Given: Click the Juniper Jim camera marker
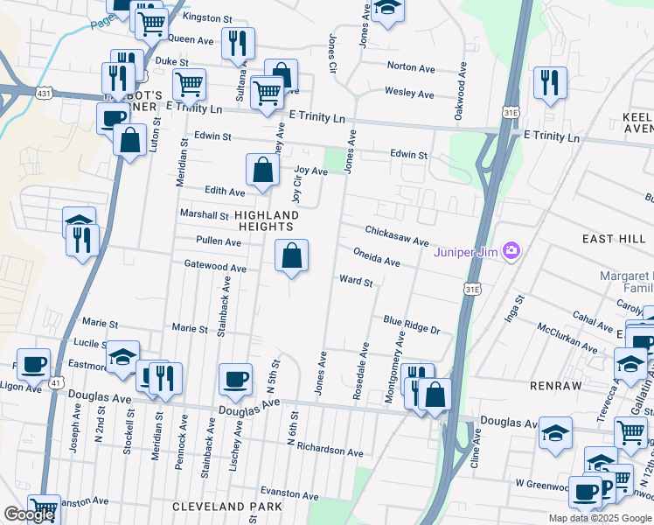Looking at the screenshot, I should pyautogui.click(x=511, y=252).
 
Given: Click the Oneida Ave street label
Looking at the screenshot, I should pyautogui.click(x=376, y=256).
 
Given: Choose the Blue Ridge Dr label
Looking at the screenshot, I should pyautogui.click(x=411, y=324).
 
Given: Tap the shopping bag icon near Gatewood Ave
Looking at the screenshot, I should pyautogui.click(x=292, y=256).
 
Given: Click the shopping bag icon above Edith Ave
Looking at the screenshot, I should pyautogui.click(x=262, y=170).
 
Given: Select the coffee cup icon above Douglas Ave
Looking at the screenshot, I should pyautogui.click(x=235, y=378).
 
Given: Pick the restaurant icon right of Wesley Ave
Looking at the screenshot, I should pyautogui.click(x=550, y=82).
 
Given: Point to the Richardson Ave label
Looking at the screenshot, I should pyautogui.click(x=330, y=452).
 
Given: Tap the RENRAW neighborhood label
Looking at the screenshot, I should pyautogui.click(x=556, y=383).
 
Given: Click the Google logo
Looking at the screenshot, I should pyautogui.click(x=29, y=514).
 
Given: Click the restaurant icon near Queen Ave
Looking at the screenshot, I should pyautogui.click(x=238, y=44).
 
